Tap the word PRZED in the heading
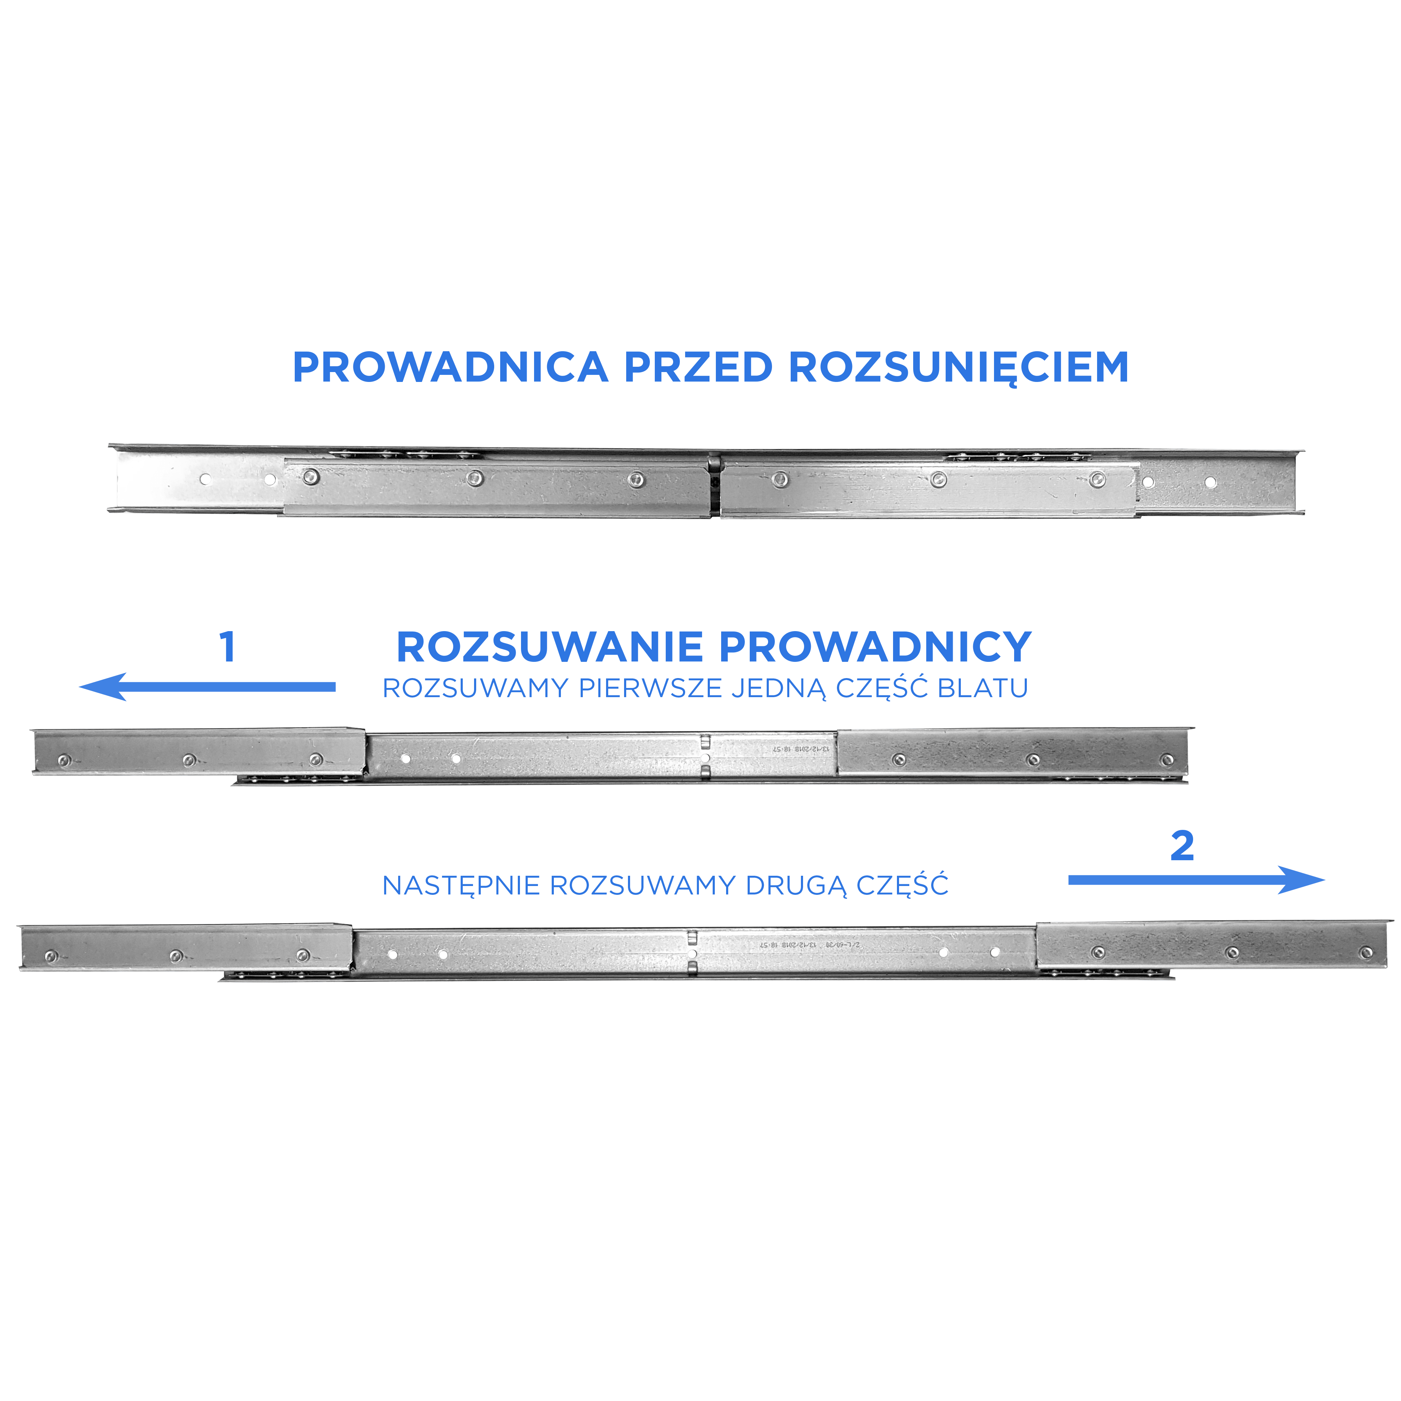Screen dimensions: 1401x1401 698,368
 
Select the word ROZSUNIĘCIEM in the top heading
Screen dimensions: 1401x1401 959,368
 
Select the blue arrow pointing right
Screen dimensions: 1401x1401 1197,880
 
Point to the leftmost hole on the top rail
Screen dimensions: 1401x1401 206,479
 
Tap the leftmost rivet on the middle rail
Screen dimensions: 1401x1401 63,760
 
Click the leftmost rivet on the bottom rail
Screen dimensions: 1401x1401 50,954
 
